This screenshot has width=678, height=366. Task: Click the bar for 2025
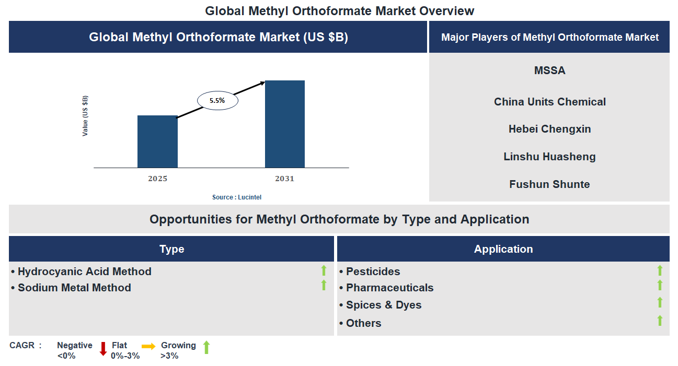click(x=157, y=141)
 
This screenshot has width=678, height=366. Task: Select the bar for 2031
click(x=285, y=124)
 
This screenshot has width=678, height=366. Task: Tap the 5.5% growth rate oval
click(x=217, y=101)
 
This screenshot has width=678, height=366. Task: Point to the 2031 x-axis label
click(x=285, y=179)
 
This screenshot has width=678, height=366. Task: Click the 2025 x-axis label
click(x=157, y=179)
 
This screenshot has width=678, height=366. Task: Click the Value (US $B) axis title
click(x=85, y=116)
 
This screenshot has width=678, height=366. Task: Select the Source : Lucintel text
click(x=237, y=197)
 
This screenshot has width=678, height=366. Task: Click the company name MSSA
click(x=549, y=70)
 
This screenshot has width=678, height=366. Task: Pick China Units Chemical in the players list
click(x=549, y=102)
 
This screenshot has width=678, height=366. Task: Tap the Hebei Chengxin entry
click(x=549, y=129)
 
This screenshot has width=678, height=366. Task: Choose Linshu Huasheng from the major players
click(x=549, y=157)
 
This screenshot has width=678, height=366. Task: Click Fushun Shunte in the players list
click(x=549, y=184)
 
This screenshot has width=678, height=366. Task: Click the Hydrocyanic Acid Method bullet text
click(x=84, y=271)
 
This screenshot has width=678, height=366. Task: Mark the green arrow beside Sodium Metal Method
click(x=324, y=285)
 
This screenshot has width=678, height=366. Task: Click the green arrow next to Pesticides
click(x=660, y=270)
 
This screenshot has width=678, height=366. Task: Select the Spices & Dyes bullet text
click(x=383, y=305)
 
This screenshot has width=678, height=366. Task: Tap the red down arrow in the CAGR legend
click(x=103, y=349)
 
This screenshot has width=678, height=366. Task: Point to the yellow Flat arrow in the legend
click(x=148, y=346)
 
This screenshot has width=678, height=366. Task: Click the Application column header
click(x=503, y=249)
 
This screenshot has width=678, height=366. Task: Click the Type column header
click(x=171, y=249)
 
